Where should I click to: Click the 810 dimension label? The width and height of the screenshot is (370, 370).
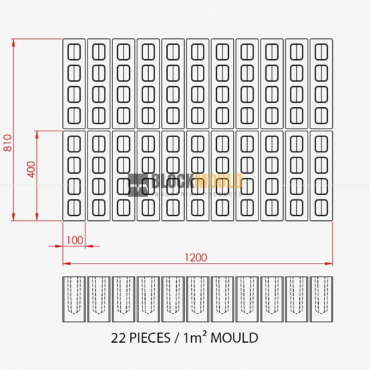pos(7,143)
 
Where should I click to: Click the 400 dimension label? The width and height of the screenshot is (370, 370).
pos(31,170)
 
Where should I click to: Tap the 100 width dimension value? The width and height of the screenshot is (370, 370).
pos(75,240)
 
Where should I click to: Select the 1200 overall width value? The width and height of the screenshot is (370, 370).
pos(196,257)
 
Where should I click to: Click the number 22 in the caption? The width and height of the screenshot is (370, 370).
pos(118,338)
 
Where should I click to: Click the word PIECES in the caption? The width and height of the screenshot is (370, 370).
pos(150,338)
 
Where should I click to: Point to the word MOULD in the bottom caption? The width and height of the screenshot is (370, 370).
pos(234,338)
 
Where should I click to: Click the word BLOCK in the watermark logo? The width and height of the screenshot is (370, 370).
pos(174,181)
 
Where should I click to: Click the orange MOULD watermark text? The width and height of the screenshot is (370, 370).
pos(219,181)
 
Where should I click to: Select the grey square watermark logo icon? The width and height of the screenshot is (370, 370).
pos(138,185)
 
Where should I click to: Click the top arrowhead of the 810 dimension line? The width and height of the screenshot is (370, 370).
pos(13,42)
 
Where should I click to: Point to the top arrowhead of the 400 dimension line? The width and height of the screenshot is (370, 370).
pos(37,135)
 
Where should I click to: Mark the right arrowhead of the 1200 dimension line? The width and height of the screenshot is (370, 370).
pos(329,264)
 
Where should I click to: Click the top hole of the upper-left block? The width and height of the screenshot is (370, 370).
pos(74,52)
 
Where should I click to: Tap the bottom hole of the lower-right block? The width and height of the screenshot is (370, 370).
pos(321,208)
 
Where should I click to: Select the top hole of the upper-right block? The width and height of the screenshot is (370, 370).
pos(321,52)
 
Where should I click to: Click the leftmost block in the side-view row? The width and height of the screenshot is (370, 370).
pos(74,299)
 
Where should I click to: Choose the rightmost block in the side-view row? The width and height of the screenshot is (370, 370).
pos(321,299)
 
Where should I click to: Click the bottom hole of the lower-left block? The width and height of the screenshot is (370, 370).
pos(74,208)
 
